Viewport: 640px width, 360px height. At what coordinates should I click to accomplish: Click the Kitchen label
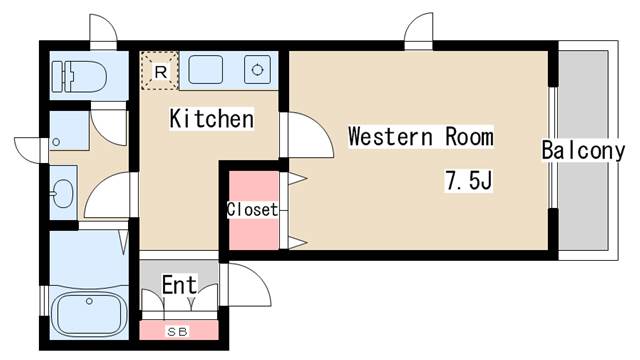pos(210,120)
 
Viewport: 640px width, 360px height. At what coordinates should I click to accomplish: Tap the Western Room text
pos(420,137)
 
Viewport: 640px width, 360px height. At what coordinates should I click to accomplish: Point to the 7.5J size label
pos(470,181)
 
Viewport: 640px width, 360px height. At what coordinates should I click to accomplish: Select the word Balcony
pos(583,151)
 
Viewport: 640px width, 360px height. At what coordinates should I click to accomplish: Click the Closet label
pos(252,210)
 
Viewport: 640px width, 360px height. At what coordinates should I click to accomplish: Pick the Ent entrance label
pos(180,283)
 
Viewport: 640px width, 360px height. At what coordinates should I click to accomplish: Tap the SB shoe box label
pos(178,330)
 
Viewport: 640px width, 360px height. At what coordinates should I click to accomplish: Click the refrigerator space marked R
pos(160,69)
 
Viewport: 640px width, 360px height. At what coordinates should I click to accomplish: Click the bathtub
pos(88,313)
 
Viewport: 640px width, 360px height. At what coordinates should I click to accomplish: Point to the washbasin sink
pos(62,194)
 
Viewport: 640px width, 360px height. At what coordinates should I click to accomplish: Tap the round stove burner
pos(258,70)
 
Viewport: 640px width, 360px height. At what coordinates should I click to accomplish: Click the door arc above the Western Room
pos(419,31)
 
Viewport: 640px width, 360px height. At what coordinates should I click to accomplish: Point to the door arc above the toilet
pos(103,31)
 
